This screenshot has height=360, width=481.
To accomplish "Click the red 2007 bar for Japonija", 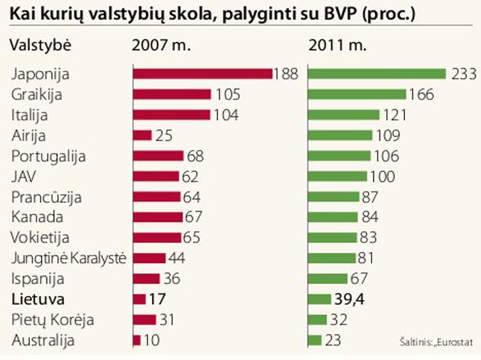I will pos(203,74).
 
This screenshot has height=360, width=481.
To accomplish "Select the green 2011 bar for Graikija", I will pos(357,95).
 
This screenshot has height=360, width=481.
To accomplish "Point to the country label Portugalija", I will pos(49,156).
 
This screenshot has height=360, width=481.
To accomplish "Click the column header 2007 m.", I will pos(161,44).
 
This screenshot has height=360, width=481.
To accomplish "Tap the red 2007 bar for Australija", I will pos(136,340).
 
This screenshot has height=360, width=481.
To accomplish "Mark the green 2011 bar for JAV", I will pos(337,177).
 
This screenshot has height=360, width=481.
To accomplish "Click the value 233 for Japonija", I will pos(461,74).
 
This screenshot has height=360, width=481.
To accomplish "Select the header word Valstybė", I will pos(39,44).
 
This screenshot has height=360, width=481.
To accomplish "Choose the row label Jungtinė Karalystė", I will pos(69,258).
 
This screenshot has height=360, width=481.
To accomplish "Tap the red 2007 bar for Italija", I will pos(172,115).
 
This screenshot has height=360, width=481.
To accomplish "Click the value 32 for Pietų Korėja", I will pos(338,319).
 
